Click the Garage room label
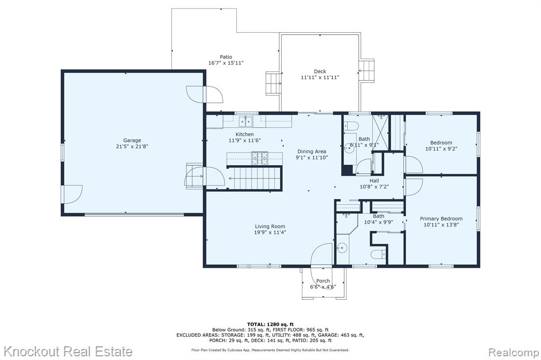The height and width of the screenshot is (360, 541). (x=132, y=140)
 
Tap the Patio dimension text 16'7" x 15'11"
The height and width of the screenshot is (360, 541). (x=226, y=63)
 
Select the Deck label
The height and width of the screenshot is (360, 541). (x=320, y=71)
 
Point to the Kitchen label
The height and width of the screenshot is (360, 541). (x=245, y=134)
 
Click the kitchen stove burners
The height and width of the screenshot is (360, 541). (x=260, y=158)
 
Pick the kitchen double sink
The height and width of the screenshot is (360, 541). (x=246, y=121)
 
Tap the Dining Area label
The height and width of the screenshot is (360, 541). (x=312, y=151)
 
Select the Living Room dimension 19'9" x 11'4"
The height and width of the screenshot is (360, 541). (x=270, y=232)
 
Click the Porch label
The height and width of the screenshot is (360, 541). (x=323, y=281)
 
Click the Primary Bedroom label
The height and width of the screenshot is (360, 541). (x=441, y=219)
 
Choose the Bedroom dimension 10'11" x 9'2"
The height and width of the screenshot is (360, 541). (x=441, y=149)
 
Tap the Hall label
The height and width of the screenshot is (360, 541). (x=375, y=181)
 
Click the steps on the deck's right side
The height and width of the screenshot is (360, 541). (x=367, y=71)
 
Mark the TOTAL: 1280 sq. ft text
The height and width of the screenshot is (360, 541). (x=270, y=324)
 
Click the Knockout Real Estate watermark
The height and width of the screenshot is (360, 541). (x=68, y=352)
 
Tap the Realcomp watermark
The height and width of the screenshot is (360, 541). (x=514, y=353)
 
